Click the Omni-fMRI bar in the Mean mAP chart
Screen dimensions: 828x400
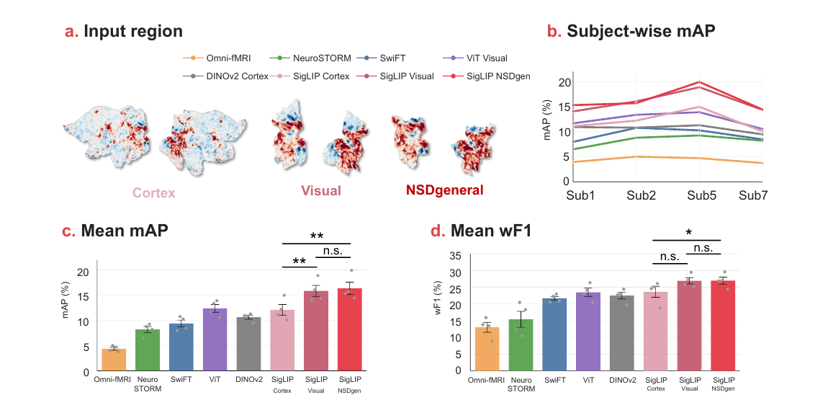click(x=114, y=360)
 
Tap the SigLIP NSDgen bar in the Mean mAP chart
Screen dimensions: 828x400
click(x=350, y=329)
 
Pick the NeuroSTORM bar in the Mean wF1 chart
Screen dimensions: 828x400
click(x=521, y=345)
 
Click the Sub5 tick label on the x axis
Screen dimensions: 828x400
click(x=701, y=195)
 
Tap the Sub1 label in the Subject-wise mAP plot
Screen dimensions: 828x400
click(x=580, y=195)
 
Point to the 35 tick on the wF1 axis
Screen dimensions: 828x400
click(x=455, y=257)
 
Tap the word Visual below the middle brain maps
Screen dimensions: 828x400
click(x=321, y=191)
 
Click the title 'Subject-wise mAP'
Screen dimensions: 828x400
click(x=641, y=31)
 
